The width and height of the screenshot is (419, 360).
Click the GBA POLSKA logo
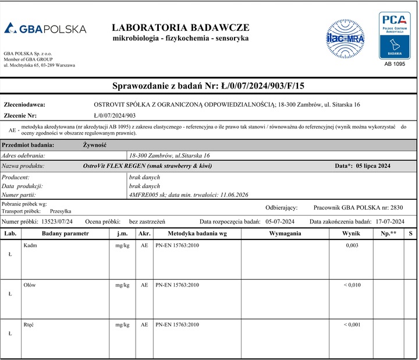point(45,29)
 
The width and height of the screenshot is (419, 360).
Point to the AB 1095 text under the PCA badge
point(395,63)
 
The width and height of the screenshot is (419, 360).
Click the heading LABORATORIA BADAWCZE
point(180,27)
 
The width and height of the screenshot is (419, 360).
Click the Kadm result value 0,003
point(352,246)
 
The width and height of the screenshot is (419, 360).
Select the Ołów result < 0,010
point(352,285)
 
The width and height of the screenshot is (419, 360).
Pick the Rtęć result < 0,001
point(352,324)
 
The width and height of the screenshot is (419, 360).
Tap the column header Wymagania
point(285,234)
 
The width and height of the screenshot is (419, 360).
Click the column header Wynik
point(352,234)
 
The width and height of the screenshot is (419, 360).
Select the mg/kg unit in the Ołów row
point(122,285)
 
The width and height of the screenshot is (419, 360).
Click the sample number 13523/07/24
point(58,222)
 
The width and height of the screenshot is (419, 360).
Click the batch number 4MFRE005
point(143,195)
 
